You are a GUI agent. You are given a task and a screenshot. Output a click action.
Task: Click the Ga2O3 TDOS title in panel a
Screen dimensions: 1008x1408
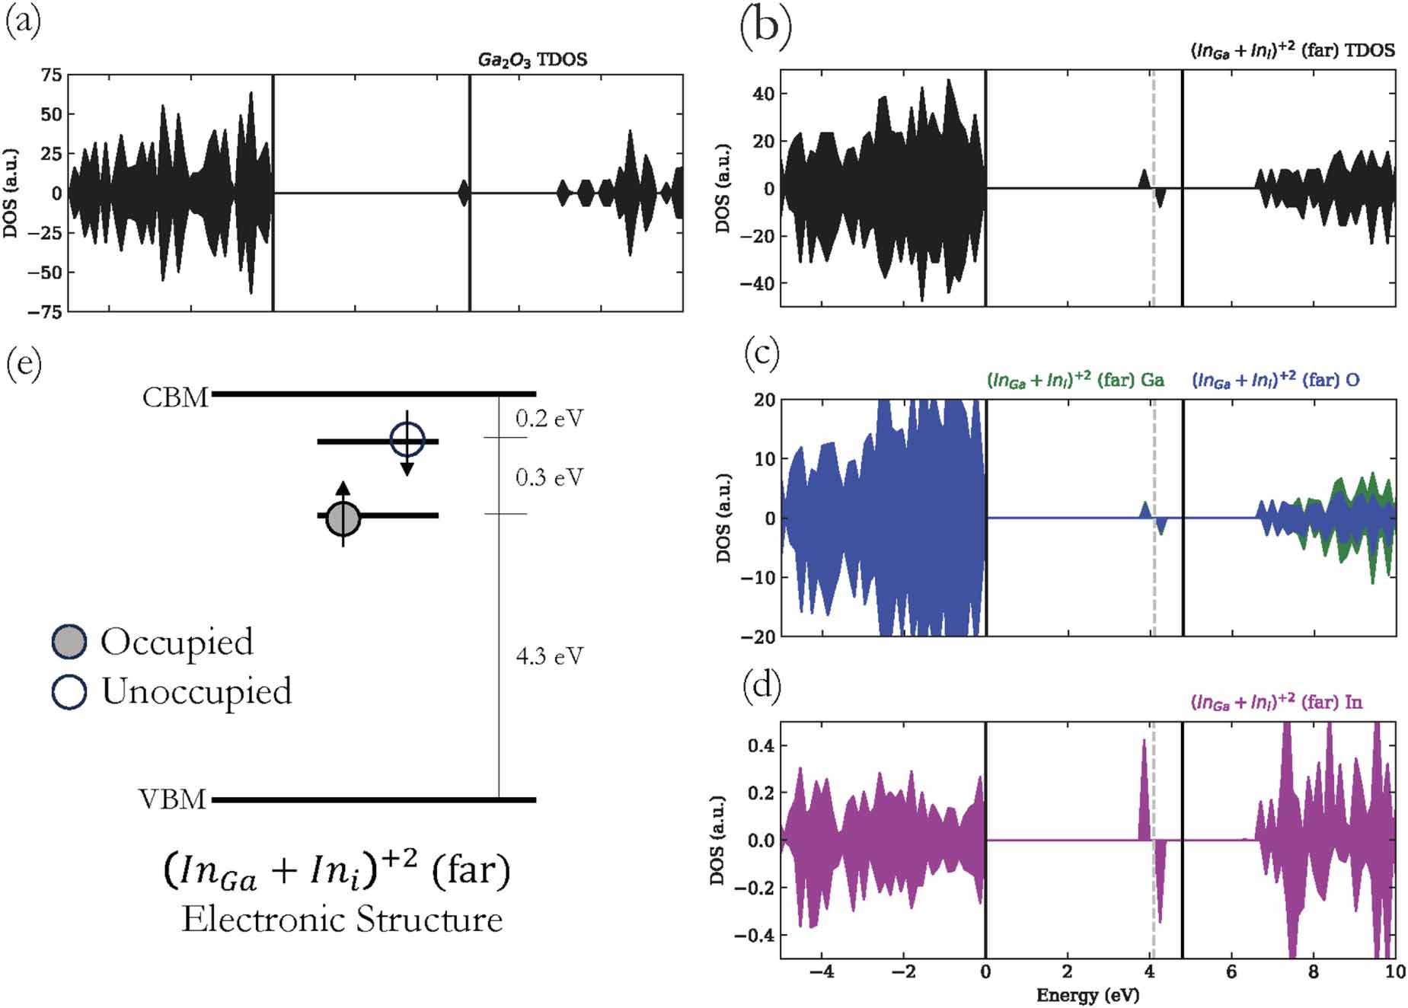[532, 59]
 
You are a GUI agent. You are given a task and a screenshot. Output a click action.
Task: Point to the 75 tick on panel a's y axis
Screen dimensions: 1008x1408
[52, 75]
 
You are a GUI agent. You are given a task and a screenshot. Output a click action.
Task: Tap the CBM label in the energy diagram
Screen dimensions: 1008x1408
[175, 397]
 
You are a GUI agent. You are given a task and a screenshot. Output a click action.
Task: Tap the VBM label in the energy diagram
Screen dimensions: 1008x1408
[172, 799]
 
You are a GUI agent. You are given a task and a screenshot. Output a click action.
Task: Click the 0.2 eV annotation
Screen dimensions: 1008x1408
[549, 418]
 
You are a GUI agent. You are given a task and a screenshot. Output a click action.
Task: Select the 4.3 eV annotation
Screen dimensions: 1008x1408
[549, 656]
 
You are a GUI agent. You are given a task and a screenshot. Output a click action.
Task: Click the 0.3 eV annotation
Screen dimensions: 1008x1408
[549, 477]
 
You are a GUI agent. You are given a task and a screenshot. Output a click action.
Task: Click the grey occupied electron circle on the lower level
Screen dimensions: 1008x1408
[343, 518]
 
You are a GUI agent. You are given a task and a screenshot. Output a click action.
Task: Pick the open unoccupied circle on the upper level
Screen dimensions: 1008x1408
[407, 439]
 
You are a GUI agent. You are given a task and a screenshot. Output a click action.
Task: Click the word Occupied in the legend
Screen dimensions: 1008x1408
[177, 642]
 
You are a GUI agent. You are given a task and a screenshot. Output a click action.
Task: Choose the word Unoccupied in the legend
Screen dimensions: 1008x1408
[196, 691]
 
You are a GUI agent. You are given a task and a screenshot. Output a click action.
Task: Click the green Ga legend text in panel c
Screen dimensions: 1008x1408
[1075, 380]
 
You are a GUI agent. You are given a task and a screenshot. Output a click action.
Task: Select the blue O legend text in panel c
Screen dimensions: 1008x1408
[1276, 380]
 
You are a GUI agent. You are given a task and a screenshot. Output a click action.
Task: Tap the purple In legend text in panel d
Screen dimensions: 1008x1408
[1276, 702]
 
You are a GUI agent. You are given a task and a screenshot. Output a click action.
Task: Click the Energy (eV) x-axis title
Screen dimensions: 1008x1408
[1087, 994]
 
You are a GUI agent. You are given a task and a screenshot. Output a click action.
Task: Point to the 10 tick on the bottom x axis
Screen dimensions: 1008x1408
[1394, 971]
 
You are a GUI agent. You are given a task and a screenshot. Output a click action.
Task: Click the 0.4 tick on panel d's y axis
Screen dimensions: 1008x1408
[761, 745]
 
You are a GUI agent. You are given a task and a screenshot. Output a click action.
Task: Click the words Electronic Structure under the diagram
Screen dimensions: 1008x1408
[342, 920]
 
